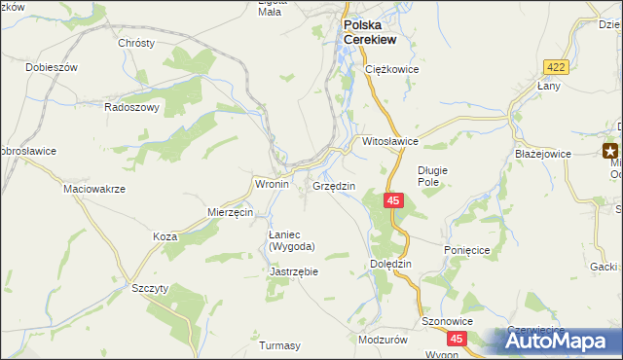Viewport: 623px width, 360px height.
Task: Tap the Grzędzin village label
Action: pos(334,186)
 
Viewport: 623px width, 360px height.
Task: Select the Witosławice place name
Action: pos(390,141)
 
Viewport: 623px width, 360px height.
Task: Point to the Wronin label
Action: pos(272,183)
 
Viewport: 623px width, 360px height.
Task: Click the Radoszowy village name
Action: pos(131,108)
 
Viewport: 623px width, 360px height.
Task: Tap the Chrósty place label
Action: pos(136,44)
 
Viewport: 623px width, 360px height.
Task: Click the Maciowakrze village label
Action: pos(94,189)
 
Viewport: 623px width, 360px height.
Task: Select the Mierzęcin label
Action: pos(231,212)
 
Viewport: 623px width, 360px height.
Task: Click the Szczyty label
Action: pos(151,288)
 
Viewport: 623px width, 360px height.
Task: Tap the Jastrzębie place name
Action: pos(293,271)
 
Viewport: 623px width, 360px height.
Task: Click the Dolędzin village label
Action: pos(392,264)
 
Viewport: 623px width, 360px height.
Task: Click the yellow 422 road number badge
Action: pos(555,64)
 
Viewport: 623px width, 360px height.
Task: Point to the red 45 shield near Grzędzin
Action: pos(392,200)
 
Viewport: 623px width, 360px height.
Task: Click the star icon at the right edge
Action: pos(611,151)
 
